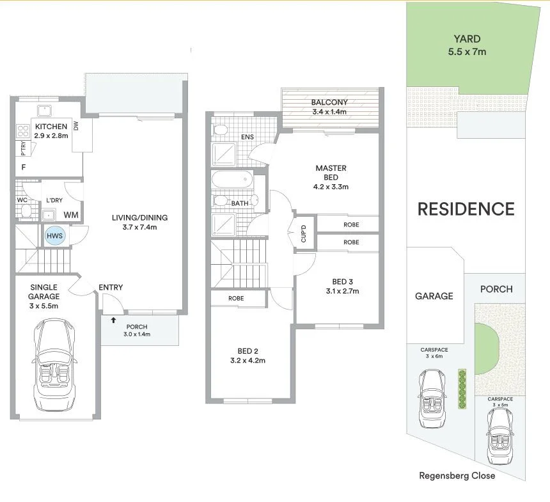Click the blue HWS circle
click(54, 237)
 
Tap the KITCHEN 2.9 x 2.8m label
click(51, 131)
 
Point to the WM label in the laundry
click(70, 215)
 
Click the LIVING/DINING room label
click(134, 222)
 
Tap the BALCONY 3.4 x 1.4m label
click(329, 106)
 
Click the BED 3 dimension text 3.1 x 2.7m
click(342, 291)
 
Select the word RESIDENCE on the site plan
click(466, 209)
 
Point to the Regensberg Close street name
click(457, 475)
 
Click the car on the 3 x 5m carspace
click(499, 436)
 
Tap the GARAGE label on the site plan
click(434, 295)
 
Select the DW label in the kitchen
click(75, 127)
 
